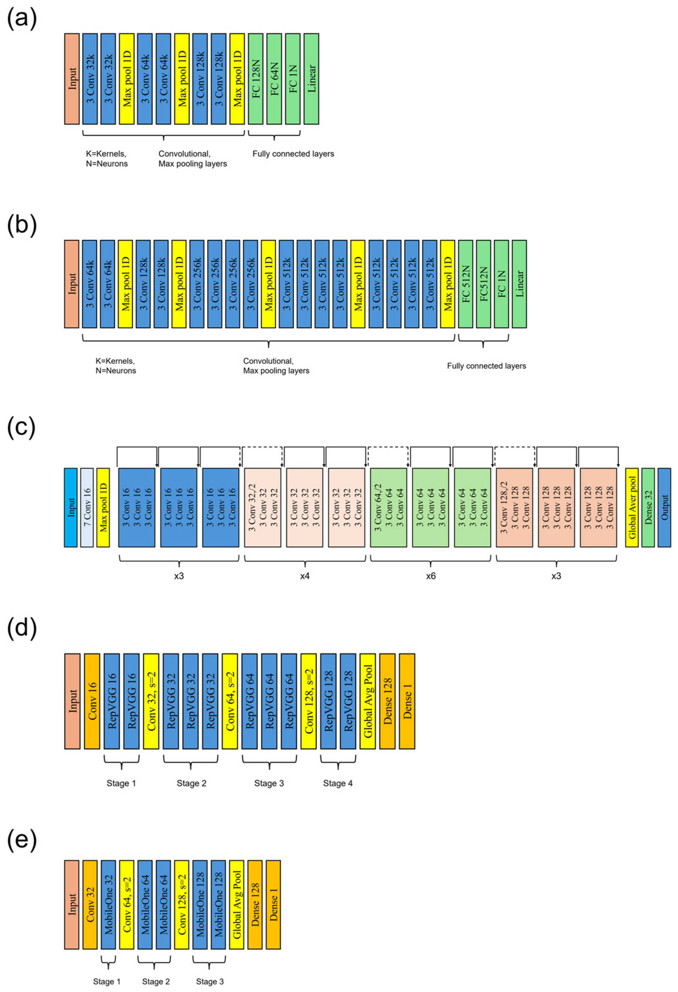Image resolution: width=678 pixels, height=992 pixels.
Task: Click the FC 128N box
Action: (x=255, y=79)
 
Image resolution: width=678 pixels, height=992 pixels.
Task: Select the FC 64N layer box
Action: (x=274, y=79)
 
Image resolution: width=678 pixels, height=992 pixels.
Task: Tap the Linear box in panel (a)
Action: (x=311, y=79)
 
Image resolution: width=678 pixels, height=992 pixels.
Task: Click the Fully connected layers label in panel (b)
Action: (x=486, y=366)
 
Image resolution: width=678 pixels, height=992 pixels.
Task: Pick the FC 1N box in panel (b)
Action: (x=502, y=284)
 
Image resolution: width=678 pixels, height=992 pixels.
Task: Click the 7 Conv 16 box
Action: (x=87, y=508)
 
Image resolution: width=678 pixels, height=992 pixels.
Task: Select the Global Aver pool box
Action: (x=632, y=508)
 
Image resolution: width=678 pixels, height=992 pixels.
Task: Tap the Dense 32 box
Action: (x=648, y=508)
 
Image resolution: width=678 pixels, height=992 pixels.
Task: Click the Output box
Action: (x=664, y=508)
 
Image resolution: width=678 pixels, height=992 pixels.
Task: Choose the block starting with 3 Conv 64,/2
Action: (x=388, y=508)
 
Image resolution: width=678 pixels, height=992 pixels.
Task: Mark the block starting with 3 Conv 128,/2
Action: (x=514, y=508)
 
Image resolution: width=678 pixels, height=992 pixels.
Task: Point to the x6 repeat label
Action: (x=431, y=576)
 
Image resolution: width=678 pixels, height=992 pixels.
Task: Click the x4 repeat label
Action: (x=304, y=576)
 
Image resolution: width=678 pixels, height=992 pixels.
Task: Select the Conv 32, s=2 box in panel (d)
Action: (x=151, y=701)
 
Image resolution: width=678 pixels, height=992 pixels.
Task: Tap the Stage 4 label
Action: (x=338, y=783)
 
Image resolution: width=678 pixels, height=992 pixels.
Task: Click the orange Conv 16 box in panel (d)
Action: (x=92, y=701)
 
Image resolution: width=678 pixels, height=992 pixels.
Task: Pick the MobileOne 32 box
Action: (x=109, y=904)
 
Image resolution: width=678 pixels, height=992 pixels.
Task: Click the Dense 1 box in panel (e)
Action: (x=273, y=904)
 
